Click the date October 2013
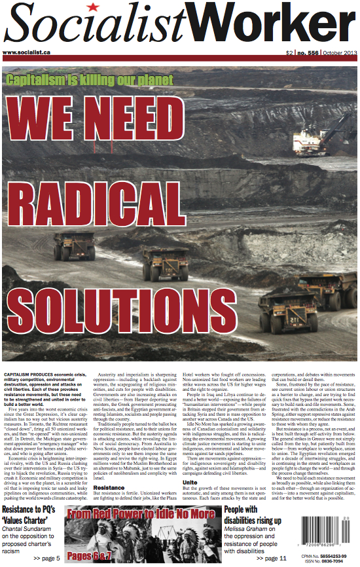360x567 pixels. pyautogui.click(x=341, y=52)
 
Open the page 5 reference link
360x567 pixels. pyautogui.click(x=47, y=558)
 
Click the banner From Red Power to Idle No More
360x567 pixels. pyautogui.click(x=141, y=515)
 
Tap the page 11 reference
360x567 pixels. pyautogui.click(x=270, y=558)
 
